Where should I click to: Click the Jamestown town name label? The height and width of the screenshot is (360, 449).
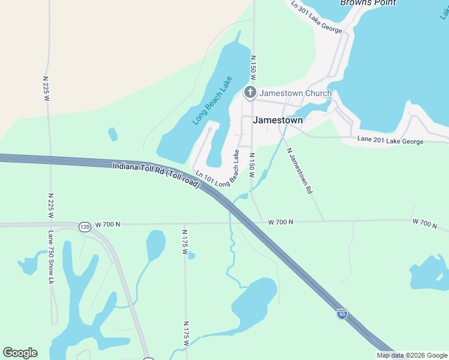(x=278, y=119)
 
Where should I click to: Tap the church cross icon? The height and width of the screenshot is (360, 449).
(x=250, y=93)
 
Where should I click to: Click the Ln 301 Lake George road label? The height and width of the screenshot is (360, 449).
(x=316, y=17)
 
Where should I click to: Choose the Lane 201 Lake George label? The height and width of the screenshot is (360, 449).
(x=390, y=140)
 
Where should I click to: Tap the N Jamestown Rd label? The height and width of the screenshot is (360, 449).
(x=300, y=170)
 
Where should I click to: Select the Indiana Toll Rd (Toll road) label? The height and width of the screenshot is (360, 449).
(x=156, y=173)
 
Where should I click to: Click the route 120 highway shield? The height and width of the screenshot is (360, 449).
(x=84, y=227)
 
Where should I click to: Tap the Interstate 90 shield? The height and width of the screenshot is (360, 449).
(x=342, y=314)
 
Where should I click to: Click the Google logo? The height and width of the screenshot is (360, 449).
(x=20, y=353)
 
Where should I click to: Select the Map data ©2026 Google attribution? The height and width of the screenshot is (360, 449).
(x=412, y=355)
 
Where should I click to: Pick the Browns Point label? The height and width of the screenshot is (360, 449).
(x=368, y=3)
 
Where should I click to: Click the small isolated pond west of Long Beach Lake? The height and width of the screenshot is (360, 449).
(x=112, y=134)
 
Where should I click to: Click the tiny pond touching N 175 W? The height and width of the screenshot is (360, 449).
(x=191, y=256)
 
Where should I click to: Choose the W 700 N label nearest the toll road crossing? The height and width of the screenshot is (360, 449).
(x=280, y=222)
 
